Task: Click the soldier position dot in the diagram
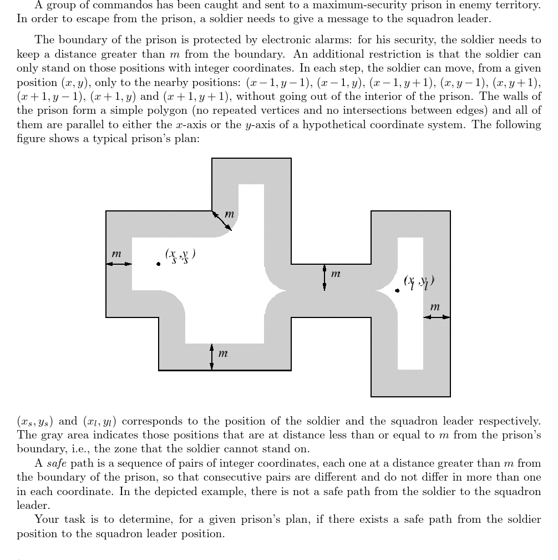tap(159, 264)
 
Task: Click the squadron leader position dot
tap(397, 290)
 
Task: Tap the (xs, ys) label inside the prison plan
tap(180, 255)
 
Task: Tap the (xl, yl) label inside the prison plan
tap(419, 282)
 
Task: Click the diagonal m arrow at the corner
tap(222, 220)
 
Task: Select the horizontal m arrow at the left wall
tap(119, 264)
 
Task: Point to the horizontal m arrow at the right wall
tap(437, 317)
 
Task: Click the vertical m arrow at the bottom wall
tap(211, 356)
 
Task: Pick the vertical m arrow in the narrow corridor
tap(324, 278)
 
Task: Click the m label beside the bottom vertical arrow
tap(223, 353)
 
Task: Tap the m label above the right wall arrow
tap(435, 306)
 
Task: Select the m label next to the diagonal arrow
tap(229, 214)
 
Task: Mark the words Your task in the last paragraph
tap(55, 519)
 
